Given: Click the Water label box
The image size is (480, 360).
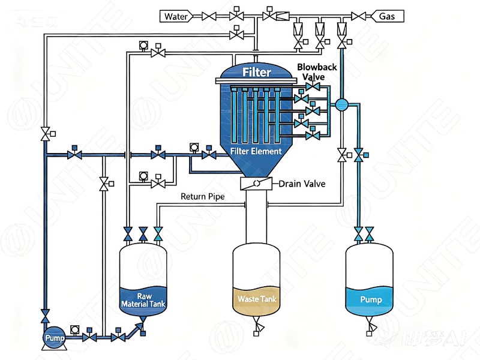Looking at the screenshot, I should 176,16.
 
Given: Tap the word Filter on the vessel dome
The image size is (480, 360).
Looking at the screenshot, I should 257,73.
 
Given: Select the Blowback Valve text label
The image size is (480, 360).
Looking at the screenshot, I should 310,73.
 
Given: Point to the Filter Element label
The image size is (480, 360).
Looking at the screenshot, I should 256,151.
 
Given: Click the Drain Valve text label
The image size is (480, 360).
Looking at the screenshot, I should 302,184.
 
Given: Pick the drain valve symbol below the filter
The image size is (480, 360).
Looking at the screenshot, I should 256,184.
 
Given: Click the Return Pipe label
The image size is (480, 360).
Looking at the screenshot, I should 202,197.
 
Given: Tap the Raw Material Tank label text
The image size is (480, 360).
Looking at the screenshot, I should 143,301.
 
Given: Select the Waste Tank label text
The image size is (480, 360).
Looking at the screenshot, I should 256,298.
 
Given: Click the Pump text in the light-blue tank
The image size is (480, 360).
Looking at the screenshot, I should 370,299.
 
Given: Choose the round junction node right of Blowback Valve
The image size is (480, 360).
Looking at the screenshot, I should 342,104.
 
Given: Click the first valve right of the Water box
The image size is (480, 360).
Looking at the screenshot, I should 209,16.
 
